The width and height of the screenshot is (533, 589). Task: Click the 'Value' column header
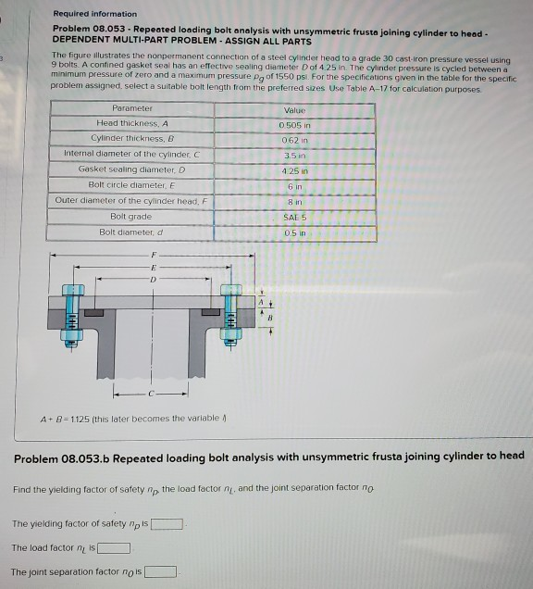(294, 108)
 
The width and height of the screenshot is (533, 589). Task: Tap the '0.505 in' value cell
(294, 124)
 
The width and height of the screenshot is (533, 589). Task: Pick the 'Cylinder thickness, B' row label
(131, 138)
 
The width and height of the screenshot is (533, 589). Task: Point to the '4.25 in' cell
(294, 169)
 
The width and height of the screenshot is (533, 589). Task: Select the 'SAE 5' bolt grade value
(294, 216)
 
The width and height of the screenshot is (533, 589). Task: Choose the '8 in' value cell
(294, 200)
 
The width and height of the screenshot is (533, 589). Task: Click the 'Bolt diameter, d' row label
(131, 232)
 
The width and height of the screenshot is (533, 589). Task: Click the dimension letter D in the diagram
(154, 276)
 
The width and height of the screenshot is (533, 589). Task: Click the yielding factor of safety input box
(167, 524)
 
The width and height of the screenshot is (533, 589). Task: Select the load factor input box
(114, 548)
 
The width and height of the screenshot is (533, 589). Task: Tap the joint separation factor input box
(160, 571)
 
